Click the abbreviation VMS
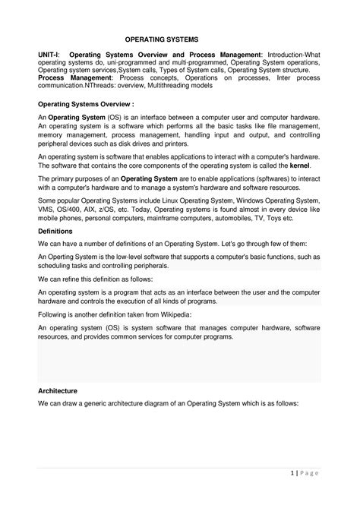pyautogui.click(x=48, y=207)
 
